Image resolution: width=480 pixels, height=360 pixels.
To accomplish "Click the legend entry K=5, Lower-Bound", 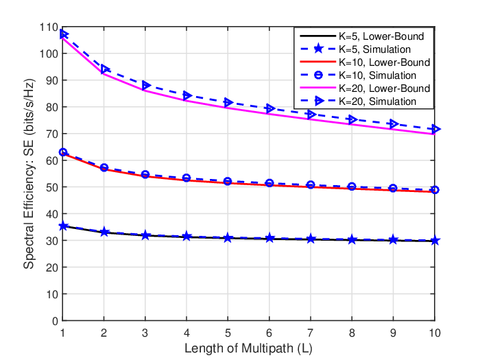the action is point(381,36).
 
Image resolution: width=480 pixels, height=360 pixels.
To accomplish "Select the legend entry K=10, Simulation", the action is point(377,75).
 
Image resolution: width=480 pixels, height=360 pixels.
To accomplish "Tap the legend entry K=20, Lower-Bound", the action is point(384,88).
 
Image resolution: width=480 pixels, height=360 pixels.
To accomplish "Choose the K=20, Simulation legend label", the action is point(377,101).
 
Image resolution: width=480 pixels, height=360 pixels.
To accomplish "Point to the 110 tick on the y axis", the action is point(49,27).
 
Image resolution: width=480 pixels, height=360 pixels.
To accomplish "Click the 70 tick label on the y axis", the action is point(51,134).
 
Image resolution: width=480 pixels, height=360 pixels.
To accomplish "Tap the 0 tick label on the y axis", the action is point(55,321).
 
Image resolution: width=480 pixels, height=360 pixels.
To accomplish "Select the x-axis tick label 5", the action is point(228,333).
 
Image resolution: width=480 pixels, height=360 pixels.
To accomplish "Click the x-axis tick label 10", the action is point(435,333).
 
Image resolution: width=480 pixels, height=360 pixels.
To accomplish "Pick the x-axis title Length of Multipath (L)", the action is point(248,348).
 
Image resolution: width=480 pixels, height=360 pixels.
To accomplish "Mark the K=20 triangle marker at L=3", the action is point(145,85).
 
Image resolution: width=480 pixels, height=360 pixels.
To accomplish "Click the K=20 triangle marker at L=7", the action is point(311,115).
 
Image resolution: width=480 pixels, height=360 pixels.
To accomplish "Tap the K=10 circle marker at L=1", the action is point(63,152).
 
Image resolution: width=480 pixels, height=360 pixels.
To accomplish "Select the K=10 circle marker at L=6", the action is point(269,183).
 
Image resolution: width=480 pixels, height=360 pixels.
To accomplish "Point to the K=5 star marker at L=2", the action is point(104,232).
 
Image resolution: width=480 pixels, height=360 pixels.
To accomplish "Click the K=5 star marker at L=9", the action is point(394,240).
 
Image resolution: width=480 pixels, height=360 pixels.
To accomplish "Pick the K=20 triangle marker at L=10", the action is point(435,129).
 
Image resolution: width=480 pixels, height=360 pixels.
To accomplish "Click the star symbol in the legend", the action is point(318,49).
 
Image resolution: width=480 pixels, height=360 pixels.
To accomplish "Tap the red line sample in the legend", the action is point(318,62).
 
